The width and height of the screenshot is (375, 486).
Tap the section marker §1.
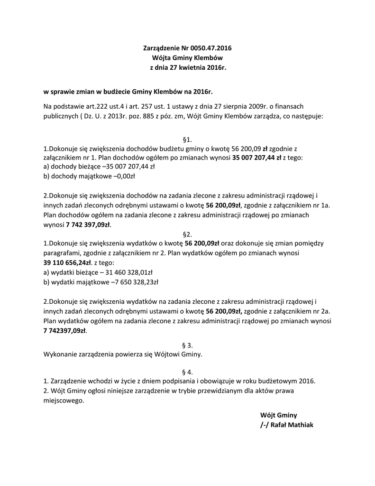tap(187, 140)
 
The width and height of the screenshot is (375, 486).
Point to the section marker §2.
tap(187, 234)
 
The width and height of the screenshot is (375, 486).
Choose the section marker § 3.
tap(187, 345)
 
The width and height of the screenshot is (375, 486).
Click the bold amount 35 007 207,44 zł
tap(256, 157)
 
